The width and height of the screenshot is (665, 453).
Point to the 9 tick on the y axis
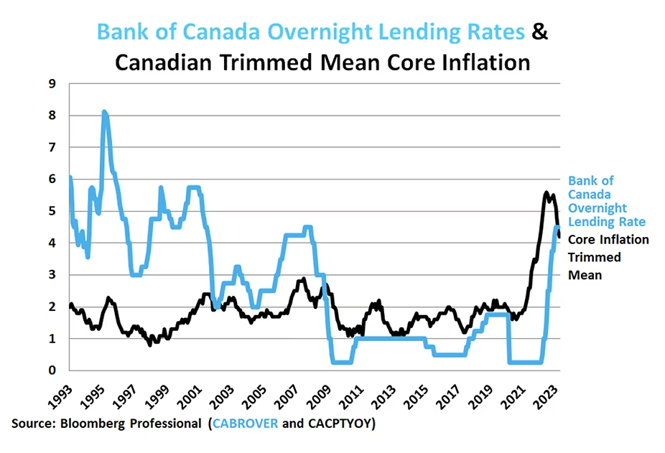click(52, 84)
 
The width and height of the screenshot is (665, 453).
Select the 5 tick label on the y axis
click(52, 211)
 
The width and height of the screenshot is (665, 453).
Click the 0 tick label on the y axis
click(52, 370)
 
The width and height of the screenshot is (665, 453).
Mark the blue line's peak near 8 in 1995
click(105, 113)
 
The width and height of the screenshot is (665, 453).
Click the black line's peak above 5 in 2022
click(547, 193)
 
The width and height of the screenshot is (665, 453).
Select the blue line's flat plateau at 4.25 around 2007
click(295, 235)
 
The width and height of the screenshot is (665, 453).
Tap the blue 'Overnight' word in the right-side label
click(598, 208)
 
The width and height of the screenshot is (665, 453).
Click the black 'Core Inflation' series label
click(608, 240)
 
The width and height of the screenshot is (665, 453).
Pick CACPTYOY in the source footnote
click(338, 424)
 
